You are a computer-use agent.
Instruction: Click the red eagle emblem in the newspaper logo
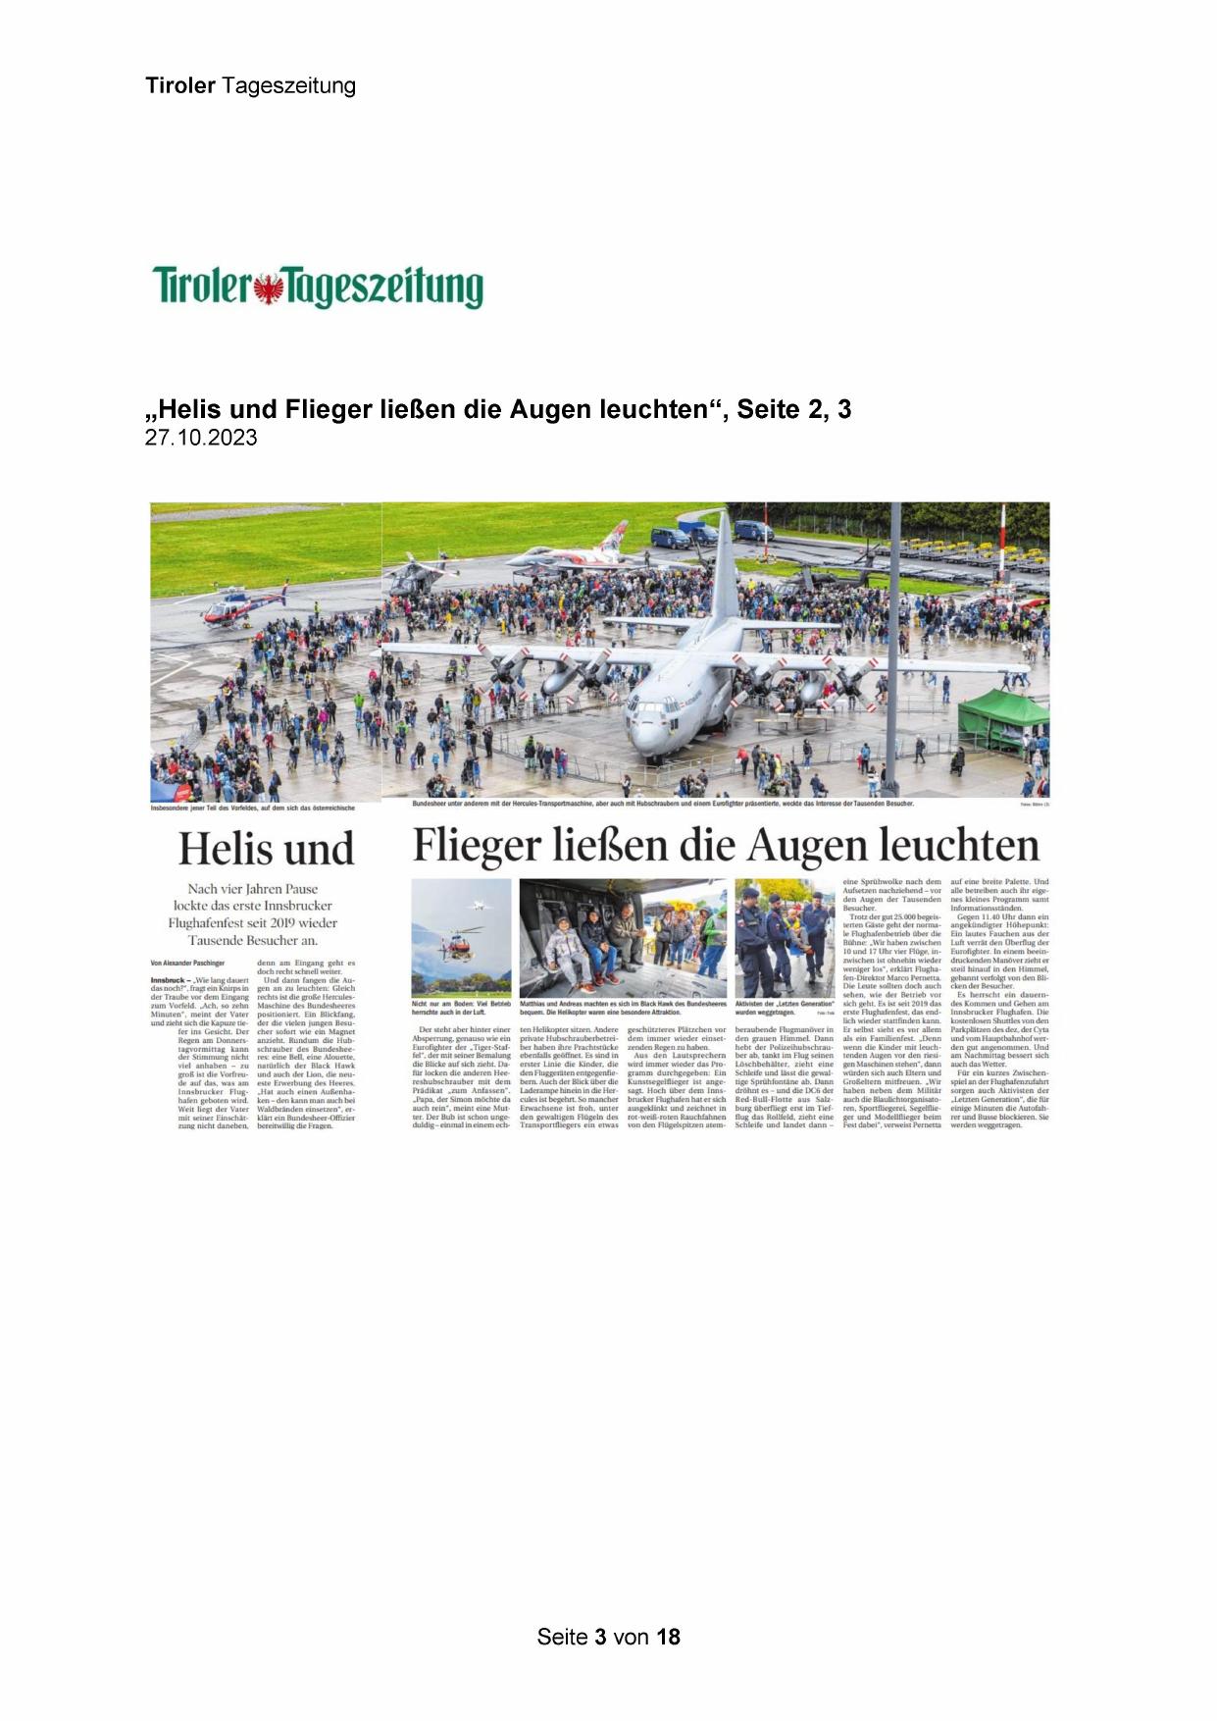click(267, 287)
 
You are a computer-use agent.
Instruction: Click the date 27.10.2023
click(201, 438)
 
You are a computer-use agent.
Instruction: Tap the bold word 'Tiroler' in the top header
click(180, 85)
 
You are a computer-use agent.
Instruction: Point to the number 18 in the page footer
click(668, 1636)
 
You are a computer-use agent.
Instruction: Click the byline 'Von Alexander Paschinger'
click(187, 964)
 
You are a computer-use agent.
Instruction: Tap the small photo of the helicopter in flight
click(461, 938)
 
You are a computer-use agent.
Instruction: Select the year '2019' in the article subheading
click(294, 922)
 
